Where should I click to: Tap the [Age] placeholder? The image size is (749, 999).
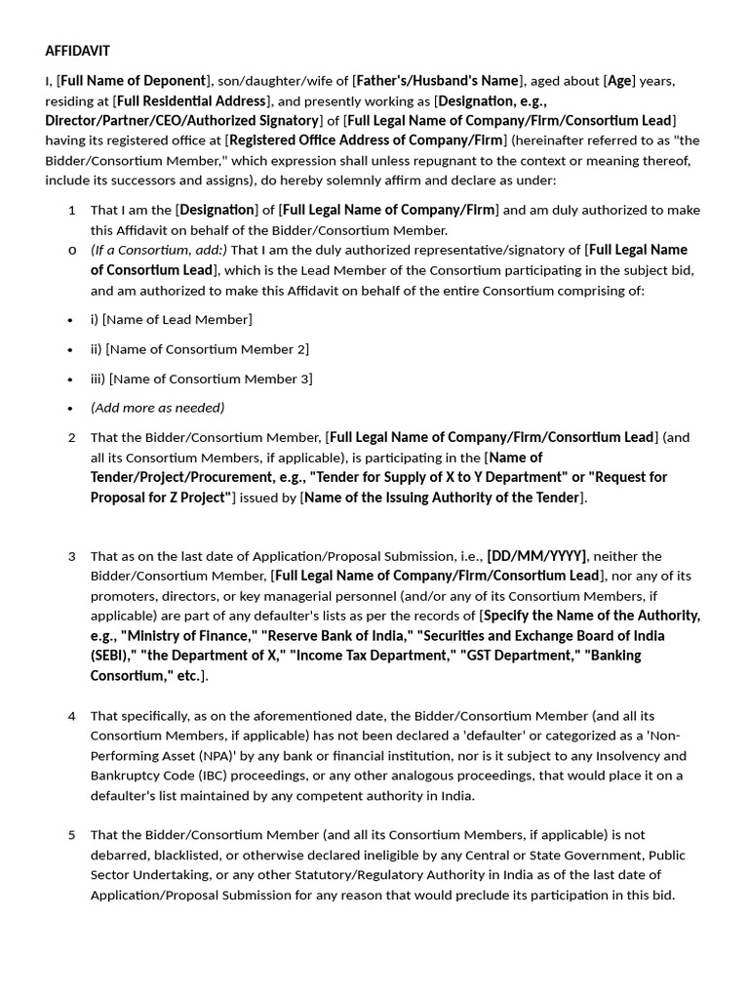(x=619, y=80)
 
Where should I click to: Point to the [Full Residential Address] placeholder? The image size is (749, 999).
(x=191, y=100)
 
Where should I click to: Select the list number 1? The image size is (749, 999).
(x=72, y=210)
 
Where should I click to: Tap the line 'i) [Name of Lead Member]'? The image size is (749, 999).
(x=172, y=319)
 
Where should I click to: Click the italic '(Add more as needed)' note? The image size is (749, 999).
(x=157, y=408)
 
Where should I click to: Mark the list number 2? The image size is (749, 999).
(x=72, y=437)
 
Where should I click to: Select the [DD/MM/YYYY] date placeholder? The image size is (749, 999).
(x=536, y=556)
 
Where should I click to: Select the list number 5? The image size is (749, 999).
(x=72, y=835)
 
